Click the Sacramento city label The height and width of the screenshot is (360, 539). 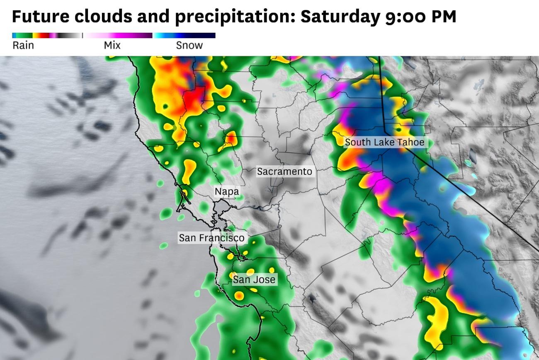[x=284, y=171]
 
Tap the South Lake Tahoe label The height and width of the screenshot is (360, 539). [x=384, y=142]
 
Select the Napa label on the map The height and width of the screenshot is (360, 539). [x=227, y=191]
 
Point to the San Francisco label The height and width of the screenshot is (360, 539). [x=211, y=238]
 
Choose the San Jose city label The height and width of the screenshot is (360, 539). [x=254, y=280]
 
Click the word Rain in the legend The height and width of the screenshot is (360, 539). [x=23, y=45]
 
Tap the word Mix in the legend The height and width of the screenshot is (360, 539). [x=112, y=45]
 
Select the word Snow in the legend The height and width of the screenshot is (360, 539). [x=189, y=45]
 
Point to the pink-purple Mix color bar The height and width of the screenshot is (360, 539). [x=118, y=36]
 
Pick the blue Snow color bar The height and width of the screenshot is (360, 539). [x=185, y=36]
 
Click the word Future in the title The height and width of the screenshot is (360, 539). [x=41, y=17]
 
